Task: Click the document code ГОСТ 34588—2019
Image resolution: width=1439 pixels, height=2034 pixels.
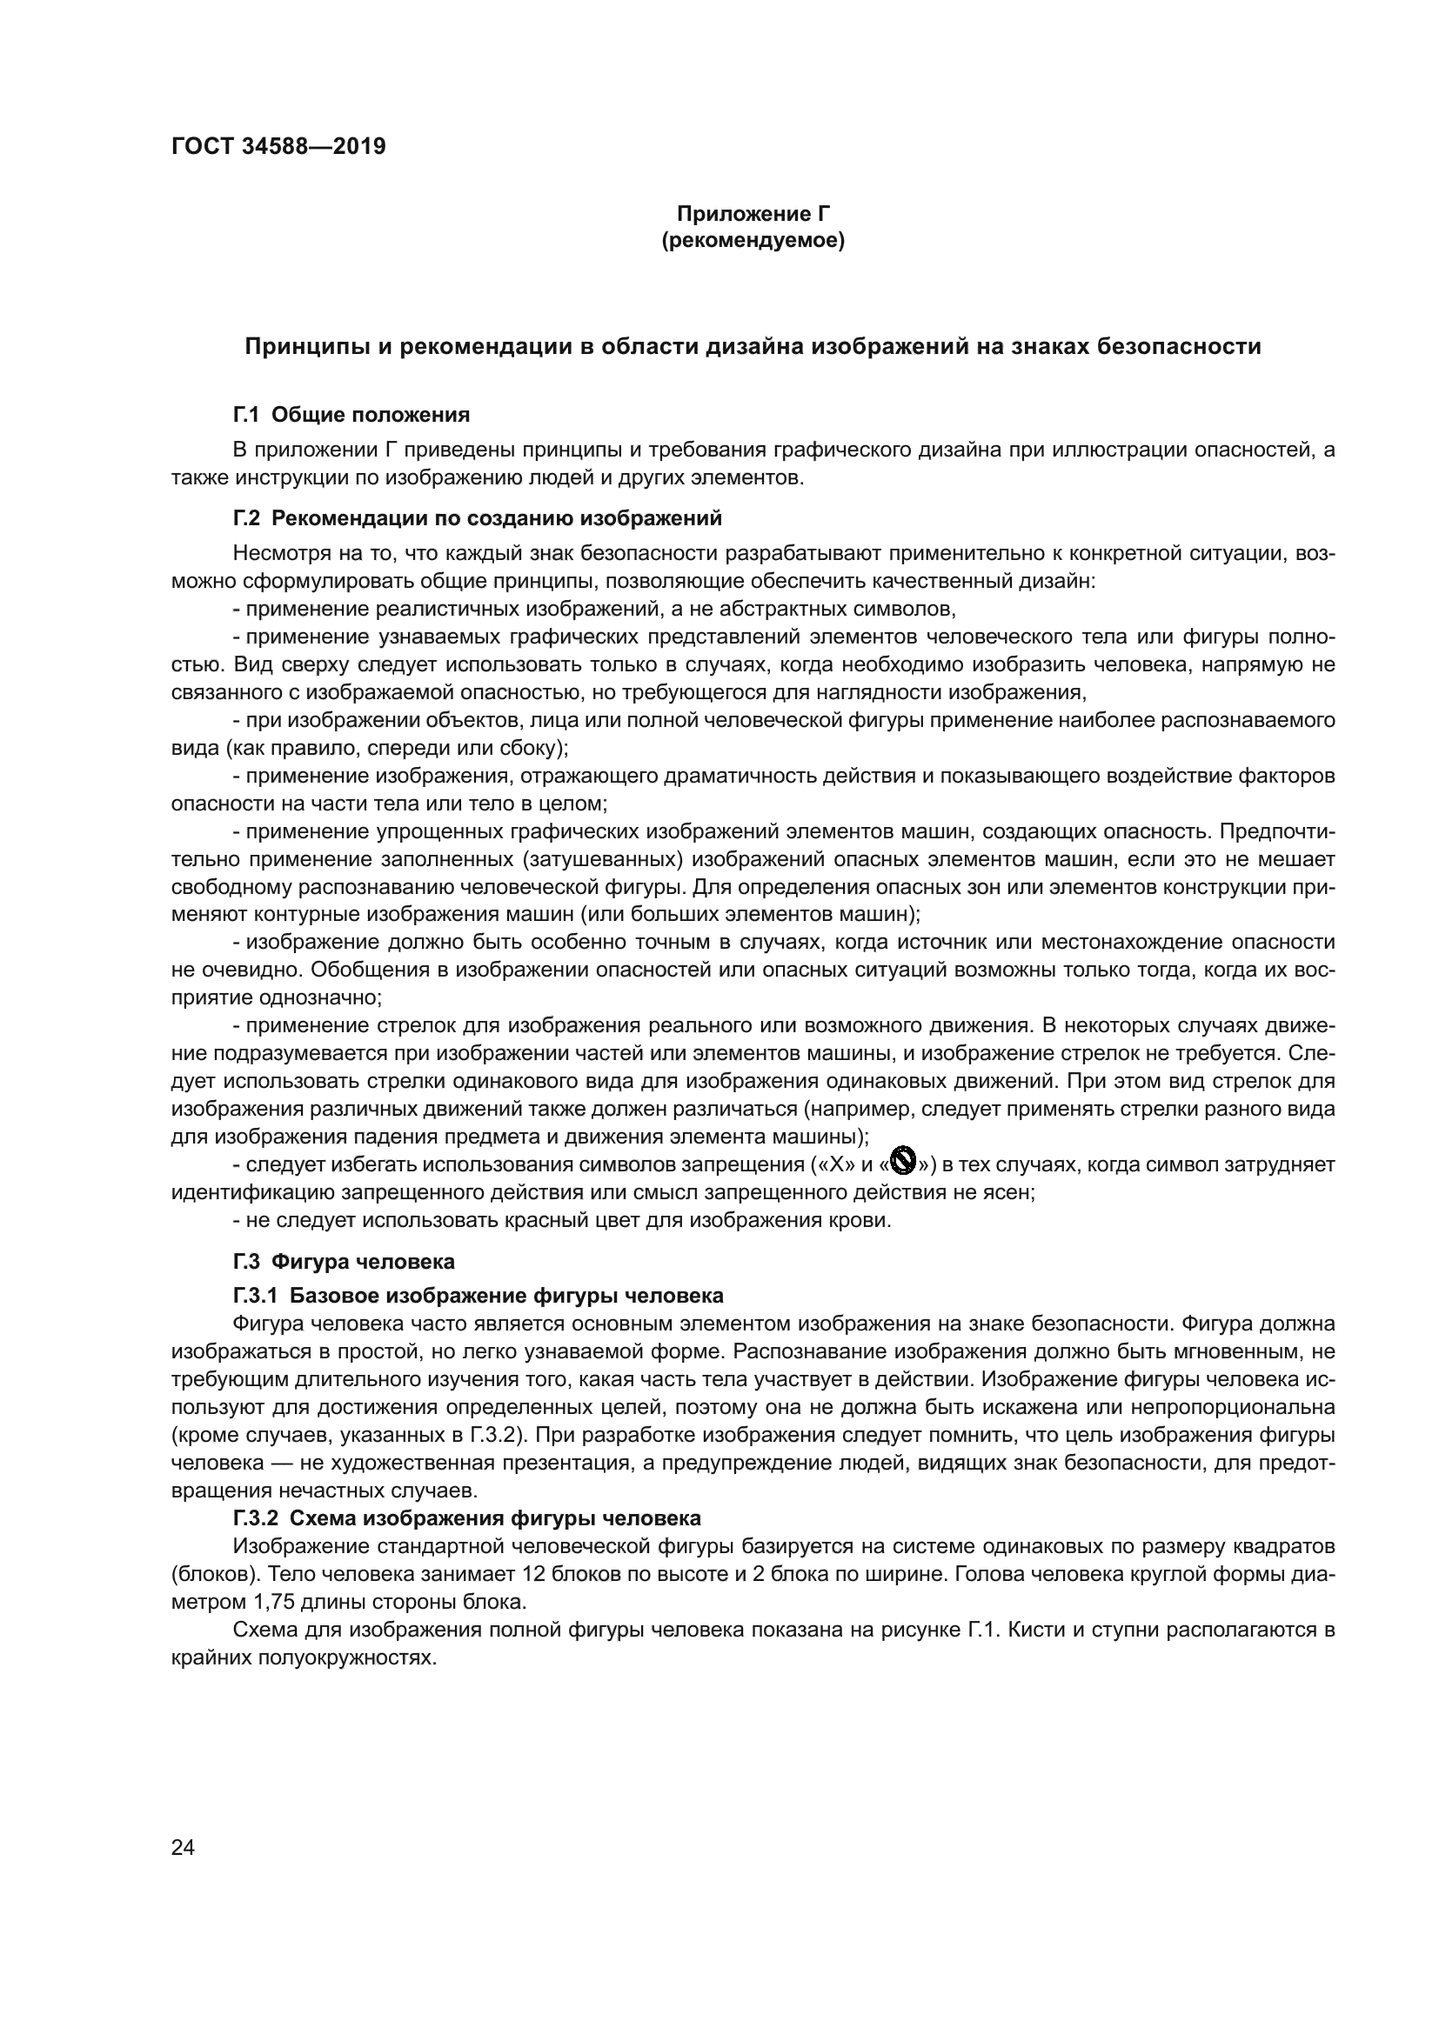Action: click(x=278, y=146)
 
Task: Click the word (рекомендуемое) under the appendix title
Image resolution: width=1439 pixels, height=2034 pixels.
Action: click(x=753, y=240)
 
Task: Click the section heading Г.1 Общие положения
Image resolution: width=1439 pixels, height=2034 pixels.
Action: click(x=351, y=415)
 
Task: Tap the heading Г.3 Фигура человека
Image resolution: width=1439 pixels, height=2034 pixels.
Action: click(x=344, y=1261)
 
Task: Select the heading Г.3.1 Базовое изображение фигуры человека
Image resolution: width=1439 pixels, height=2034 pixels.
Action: click(x=479, y=1295)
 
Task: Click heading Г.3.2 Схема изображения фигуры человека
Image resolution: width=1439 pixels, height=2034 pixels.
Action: click(x=467, y=1518)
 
